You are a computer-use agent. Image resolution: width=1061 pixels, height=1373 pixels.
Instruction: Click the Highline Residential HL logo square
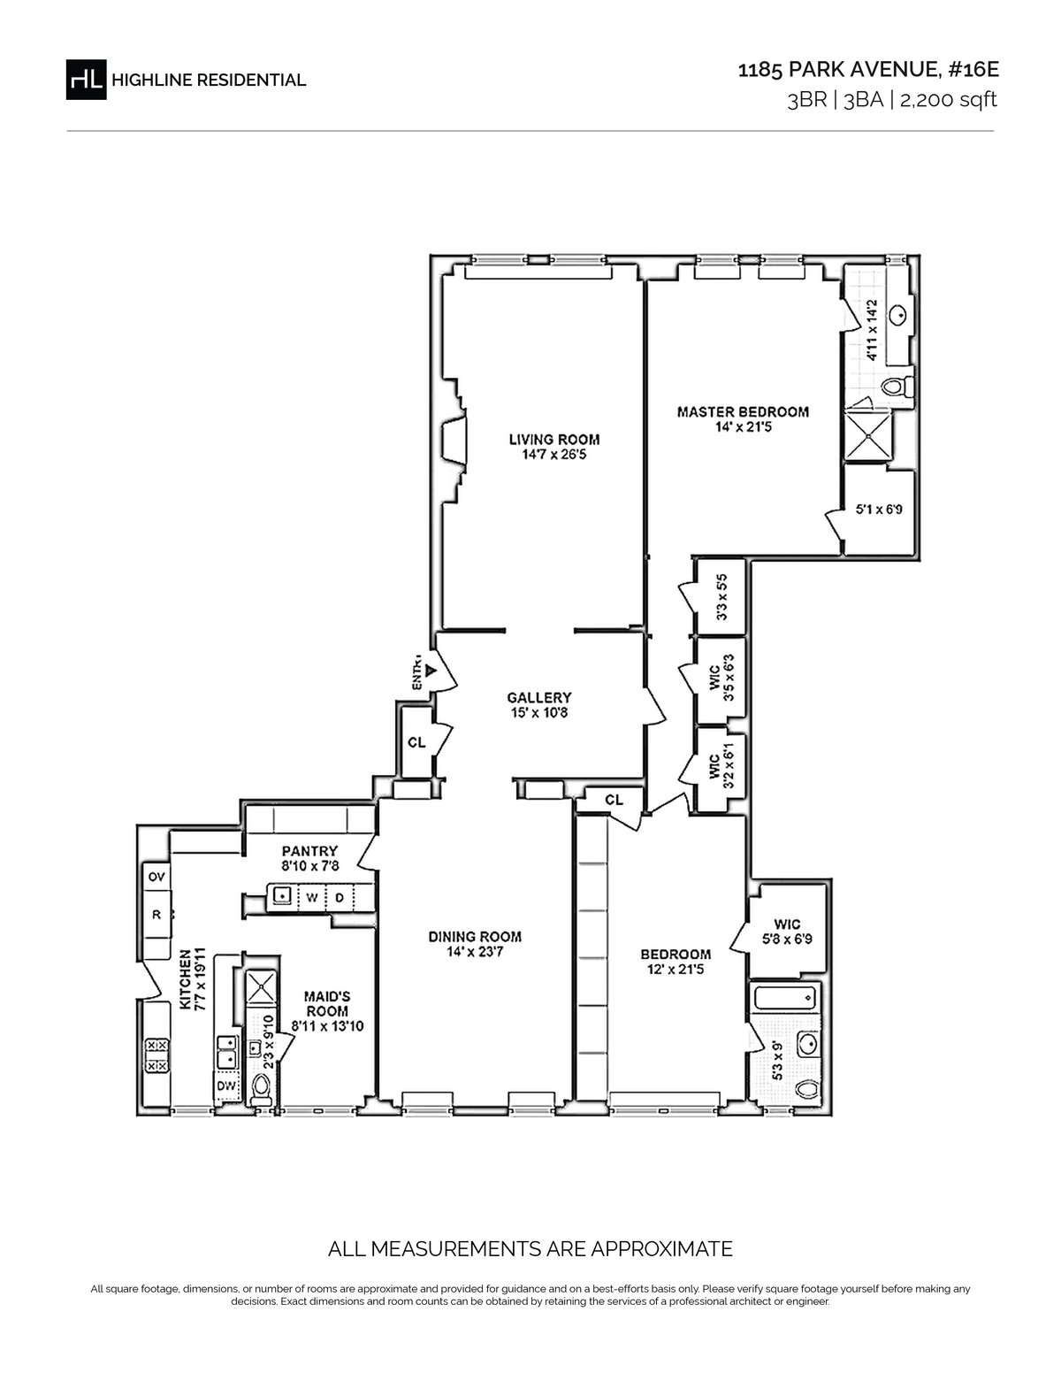(86, 79)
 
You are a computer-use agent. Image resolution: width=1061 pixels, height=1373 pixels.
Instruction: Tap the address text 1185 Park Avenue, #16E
(868, 70)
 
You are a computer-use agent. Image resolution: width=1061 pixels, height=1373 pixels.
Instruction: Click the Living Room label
(554, 439)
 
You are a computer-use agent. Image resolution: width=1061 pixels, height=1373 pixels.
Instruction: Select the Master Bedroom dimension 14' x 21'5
(743, 427)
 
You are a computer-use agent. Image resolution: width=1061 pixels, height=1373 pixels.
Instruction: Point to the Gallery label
(539, 697)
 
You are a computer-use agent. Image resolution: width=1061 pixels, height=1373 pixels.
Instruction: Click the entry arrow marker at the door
(431, 671)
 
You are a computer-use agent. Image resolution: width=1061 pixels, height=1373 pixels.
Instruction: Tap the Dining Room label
(475, 936)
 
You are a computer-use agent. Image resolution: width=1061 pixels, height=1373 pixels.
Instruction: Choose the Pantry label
(309, 851)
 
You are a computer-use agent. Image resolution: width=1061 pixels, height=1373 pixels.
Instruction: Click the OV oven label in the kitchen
(156, 877)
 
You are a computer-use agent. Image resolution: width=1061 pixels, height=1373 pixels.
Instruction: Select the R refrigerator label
(156, 914)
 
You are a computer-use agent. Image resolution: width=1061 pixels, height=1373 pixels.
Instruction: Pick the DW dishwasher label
(226, 1085)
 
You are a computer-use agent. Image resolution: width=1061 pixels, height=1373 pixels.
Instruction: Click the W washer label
(311, 897)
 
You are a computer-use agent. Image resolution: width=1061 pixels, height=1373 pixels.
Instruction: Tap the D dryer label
(339, 897)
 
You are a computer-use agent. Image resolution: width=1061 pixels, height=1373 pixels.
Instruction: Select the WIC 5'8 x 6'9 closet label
(786, 932)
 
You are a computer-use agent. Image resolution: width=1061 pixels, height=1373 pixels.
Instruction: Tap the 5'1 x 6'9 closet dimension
(879, 509)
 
